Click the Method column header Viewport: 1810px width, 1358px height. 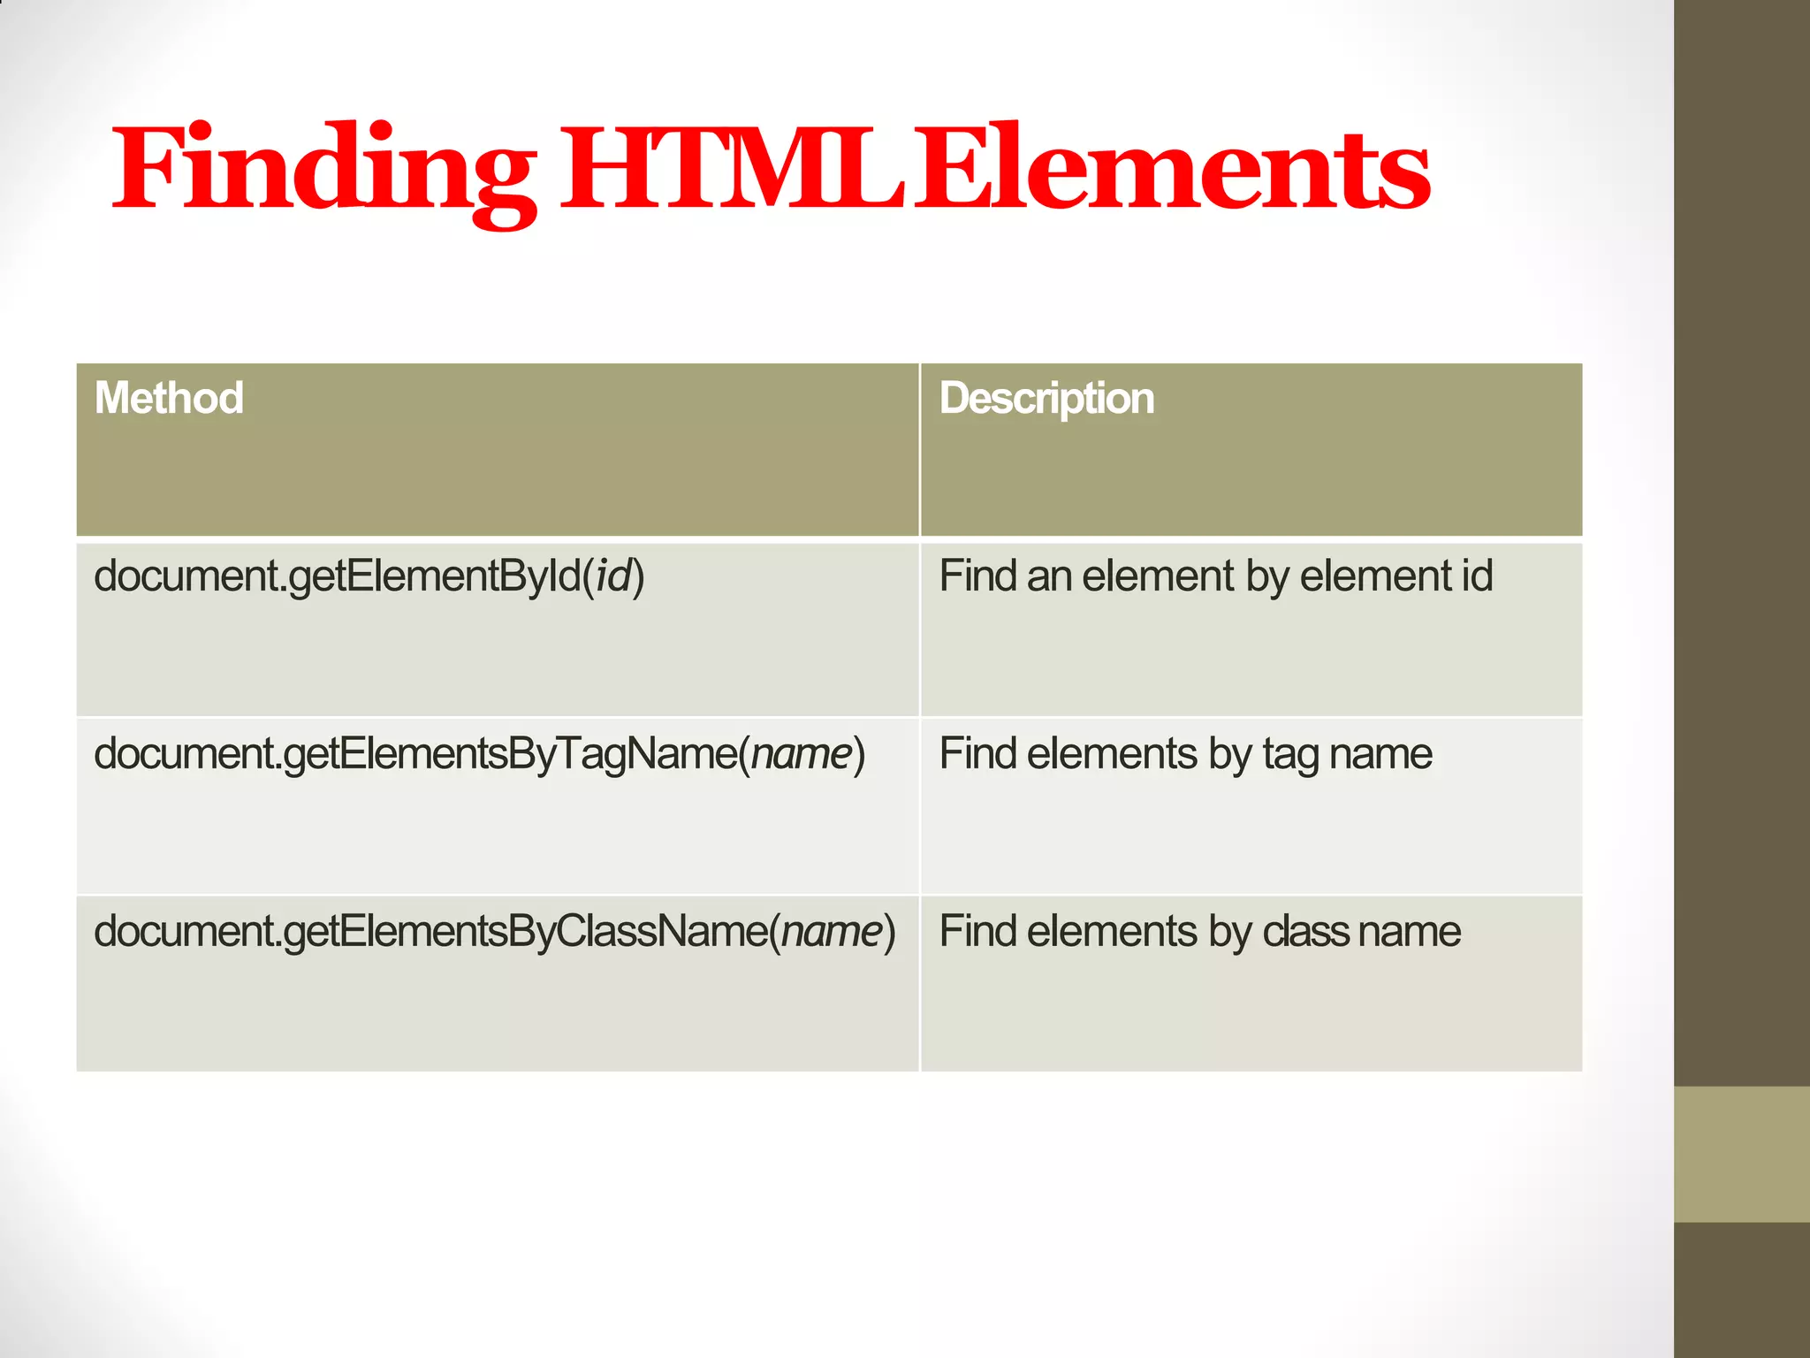[169, 398]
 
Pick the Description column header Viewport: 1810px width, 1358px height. [1046, 398]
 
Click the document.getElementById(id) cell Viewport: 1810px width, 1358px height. [369, 576]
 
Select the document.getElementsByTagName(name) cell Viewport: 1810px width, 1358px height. [479, 754]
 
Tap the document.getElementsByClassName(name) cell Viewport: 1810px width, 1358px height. [495, 932]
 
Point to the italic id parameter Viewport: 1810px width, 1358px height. [614, 576]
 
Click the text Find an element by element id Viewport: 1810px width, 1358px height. [1216, 576]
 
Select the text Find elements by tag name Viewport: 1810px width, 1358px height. [1185, 754]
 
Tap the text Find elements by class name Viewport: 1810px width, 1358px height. [1199, 932]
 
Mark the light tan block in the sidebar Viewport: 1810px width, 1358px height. [1742, 1154]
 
